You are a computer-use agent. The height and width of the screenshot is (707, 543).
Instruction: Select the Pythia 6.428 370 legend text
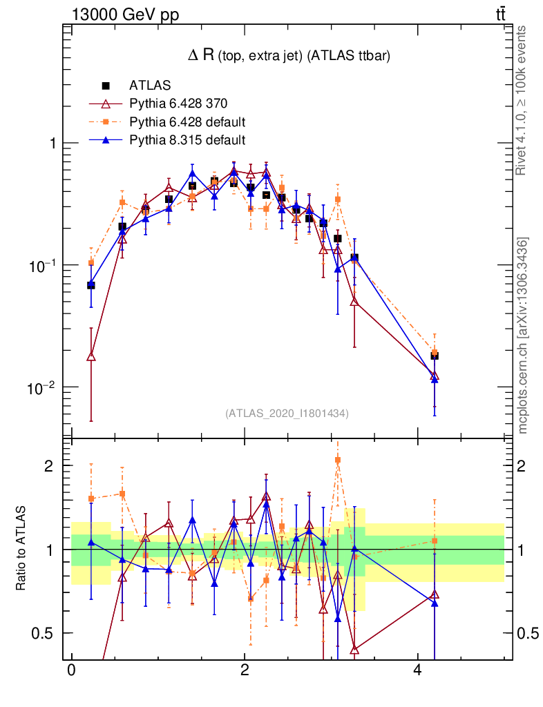point(178,104)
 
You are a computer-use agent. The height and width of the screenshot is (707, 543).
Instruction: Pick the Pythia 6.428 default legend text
point(187,122)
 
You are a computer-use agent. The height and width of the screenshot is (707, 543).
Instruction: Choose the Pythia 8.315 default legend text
point(187,140)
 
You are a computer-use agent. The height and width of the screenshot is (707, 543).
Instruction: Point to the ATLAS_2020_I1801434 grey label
point(286,414)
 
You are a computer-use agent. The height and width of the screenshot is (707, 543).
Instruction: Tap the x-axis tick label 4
point(417,670)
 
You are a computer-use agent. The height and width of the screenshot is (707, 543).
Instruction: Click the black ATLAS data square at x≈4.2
point(435,356)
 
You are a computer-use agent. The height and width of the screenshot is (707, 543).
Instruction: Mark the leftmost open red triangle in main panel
point(91,356)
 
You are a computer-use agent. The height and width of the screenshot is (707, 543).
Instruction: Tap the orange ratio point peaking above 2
point(338,459)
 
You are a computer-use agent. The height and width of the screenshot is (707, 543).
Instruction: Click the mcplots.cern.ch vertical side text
point(523,335)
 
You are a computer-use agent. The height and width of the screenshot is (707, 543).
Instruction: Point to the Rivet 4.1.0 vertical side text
point(522,100)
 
